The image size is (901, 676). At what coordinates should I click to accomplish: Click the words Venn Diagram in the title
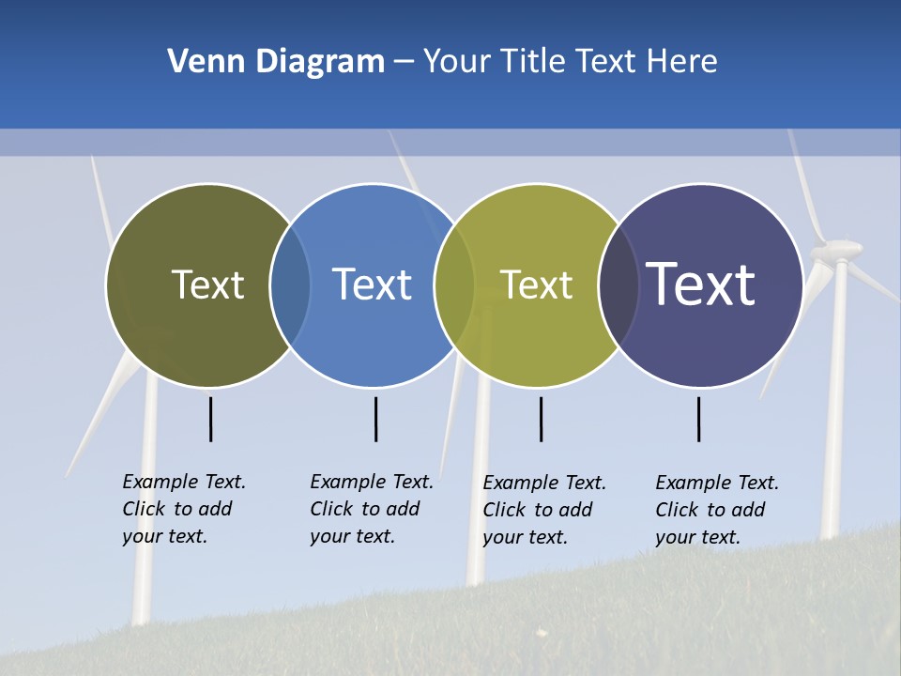pyautogui.click(x=276, y=62)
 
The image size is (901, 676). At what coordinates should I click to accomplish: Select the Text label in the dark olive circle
pyautogui.click(x=207, y=284)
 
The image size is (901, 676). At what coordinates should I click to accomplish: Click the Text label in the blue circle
pyautogui.click(x=372, y=284)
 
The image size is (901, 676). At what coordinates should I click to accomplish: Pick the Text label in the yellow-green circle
pyautogui.click(x=536, y=284)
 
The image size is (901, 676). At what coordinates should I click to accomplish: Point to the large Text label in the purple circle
pyautogui.click(x=700, y=284)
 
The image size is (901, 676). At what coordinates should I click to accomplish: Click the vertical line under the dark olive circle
pyautogui.click(x=210, y=419)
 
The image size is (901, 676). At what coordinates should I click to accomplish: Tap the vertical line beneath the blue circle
pyautogui.click(x=375, y=419)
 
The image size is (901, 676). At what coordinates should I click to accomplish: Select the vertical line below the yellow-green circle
pyautogui.click(x=541, y=419)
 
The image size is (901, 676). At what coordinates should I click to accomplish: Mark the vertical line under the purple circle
pyautogui.click(x=698, y=419)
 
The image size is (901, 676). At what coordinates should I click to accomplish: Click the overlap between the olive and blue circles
pyautogui.click(x=290, y=285)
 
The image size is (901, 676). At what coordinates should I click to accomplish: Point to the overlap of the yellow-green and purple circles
pyautogui.click(x=618, y=285)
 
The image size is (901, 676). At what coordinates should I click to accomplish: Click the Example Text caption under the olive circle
pyautogui.click(x=184, y=509)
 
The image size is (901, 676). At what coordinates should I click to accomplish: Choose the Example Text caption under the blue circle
pyautogui.click(x=372, y=509)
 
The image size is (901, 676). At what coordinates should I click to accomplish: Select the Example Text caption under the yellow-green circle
pyautogui.click(x=544, y=510)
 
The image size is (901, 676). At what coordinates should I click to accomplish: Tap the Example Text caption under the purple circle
pyautogui.click(x=717, y=510)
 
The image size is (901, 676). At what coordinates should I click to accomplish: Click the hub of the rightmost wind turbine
pyautogui.click(x=838, y=250)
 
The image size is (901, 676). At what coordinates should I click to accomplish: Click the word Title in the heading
pyautogui.click(x=529, y=62)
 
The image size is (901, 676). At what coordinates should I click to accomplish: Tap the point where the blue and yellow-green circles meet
pyautogui.click(x=454, y=285)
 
